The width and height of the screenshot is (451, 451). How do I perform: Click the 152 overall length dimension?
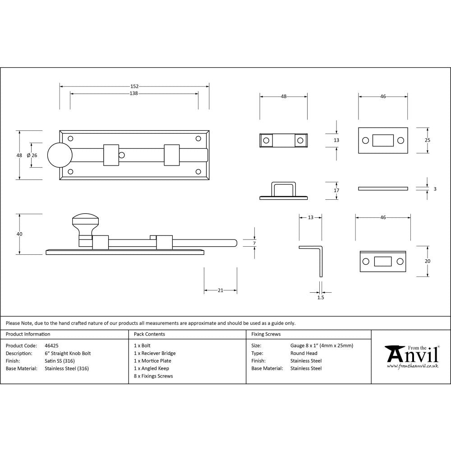click(x=134, y=86)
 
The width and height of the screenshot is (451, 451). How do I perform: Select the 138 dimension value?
click(x=133, y=93)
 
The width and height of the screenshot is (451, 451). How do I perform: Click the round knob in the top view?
click(x=60, y=155)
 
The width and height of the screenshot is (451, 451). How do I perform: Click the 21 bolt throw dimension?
click(x=221, y=290)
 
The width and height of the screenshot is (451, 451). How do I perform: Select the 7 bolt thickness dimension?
click(x=254, y=244)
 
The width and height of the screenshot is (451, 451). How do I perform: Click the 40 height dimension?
click(x=19, y=234)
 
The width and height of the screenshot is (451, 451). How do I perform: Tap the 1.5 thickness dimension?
click(x=321, y=297)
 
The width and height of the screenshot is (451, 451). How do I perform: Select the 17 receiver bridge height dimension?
click(x=336, y=190)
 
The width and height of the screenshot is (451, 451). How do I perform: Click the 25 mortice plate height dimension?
click(x=428, y=140)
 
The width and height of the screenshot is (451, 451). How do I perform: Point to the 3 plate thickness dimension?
click(x=435, y=189)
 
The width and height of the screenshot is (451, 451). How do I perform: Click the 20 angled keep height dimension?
click(x=428, y=261)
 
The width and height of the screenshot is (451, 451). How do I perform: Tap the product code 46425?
click(x=52, y=345)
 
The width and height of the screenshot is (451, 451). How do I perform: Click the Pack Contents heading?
click(x=149, y=334)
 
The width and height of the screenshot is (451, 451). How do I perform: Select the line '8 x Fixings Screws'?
click(x=153, y=376)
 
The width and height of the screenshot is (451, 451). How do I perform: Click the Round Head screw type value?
click(x=304, y=353)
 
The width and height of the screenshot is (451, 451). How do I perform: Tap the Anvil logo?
click(x=412, y=356)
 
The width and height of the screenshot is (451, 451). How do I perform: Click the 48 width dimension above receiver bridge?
click(x=284, y=96)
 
